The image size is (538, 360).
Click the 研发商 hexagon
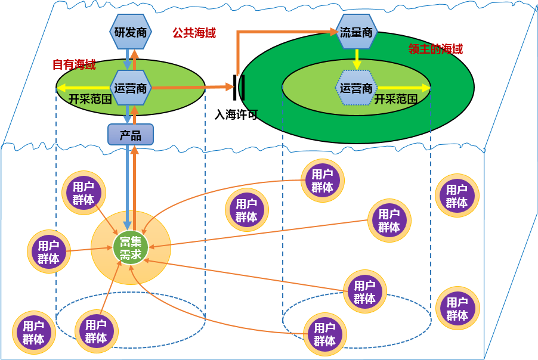(x=130, y=32)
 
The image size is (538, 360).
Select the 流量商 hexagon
(x=356, y=32)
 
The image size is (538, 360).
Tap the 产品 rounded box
(x=131, y=135)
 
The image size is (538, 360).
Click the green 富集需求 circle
(x=130, y=247)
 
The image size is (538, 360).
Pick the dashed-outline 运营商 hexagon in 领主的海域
(x=356, y=88)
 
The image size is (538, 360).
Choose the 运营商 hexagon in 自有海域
(x=130, y=88)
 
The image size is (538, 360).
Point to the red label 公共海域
(x=194, y=33)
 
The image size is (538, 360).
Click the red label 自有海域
(x=74, y=64)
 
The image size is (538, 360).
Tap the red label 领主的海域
(x=435, y=49)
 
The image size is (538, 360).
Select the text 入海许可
(x=236, y=114)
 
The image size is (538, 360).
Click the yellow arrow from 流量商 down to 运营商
(x=356, y=58)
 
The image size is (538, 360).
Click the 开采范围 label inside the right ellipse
(x=396, y=99)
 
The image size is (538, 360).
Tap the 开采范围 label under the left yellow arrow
(x=90, y=99)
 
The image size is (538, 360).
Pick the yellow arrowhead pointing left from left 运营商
(x=61, y=88)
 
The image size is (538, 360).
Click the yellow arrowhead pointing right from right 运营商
(x=426, y=88)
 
